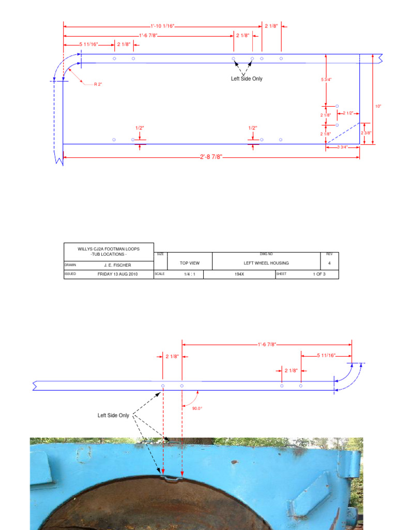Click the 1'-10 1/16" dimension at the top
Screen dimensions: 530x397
pyautogui.click(x=162, y=25)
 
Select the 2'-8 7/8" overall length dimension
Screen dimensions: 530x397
pyautogui.click(x=211, y=157)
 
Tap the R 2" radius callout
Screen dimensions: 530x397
pyautogui.click(x=98, y=84)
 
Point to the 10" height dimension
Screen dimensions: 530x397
pyautogui.click(x=378, y=106)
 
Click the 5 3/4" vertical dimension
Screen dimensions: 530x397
pyautogui.click(x=326, y=79)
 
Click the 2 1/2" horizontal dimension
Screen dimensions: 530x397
pyautogui.click(x=348, y=113)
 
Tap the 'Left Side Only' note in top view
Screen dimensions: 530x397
pyautogui.click(x=247, y=79)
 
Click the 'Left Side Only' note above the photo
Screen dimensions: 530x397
pyautogui.click(x=113, y=415)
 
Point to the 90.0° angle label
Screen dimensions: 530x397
pyautogui.click(x=197, y=408)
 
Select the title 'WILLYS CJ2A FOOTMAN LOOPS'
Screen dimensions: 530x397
pyautogui.click(x=109, y=249)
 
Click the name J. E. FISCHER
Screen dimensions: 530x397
pyautogui.click(x=114, y=265)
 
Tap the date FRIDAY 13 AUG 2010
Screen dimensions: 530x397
pyautogui.click(x=118, y=274)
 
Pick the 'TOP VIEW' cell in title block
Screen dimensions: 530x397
pyautogui.click(x=190, y=263)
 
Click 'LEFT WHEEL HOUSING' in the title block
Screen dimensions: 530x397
pyautogui.click(x=266, y=263)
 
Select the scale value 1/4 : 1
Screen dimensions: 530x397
pyautogui.click(x=186, y=274)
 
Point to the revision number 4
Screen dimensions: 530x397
pyautogui.click(x=329, y=263)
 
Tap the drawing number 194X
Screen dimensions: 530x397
pyautogui.click(x=239, y=274)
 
